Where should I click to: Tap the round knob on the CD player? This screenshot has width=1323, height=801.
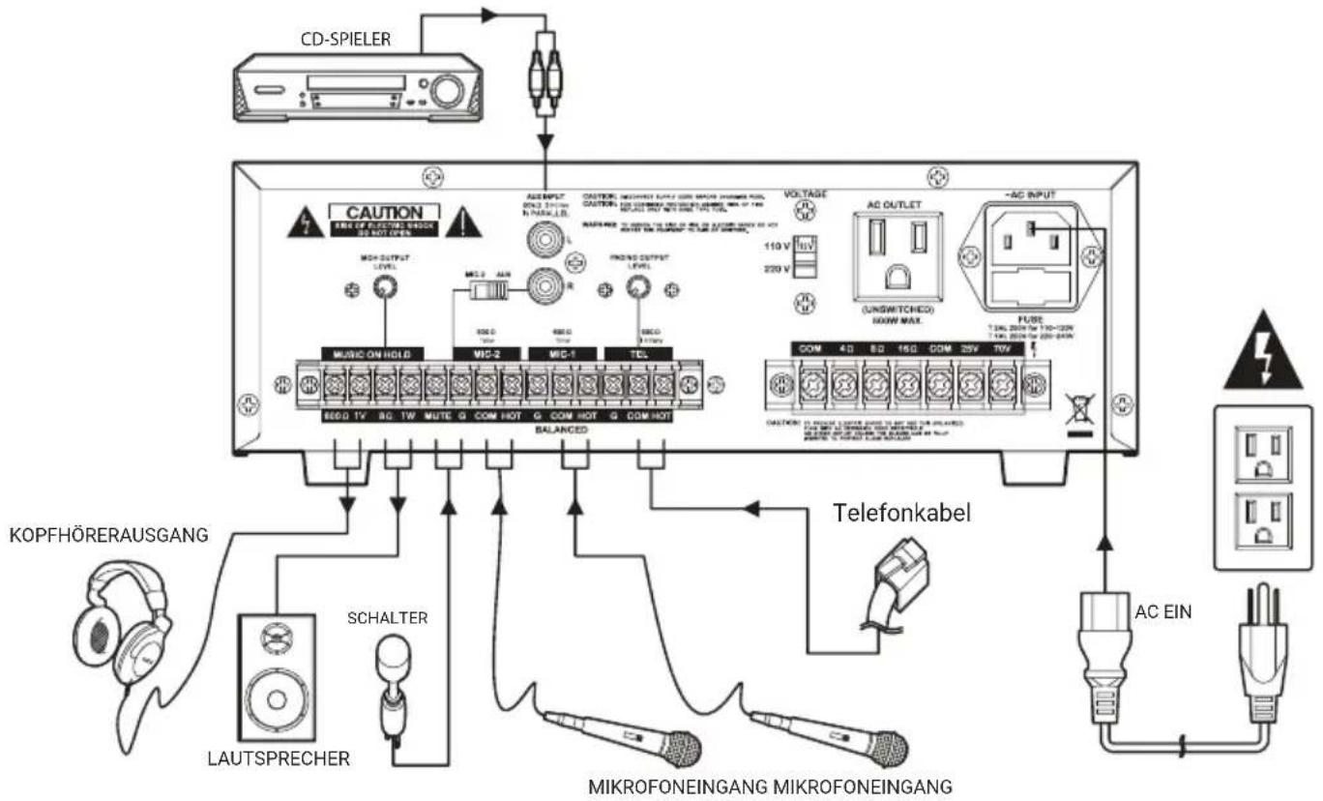(447, 91)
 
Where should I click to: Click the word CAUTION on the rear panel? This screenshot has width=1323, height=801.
(386, 211)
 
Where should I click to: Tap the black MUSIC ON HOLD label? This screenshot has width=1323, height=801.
(371, 355)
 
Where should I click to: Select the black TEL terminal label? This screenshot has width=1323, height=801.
(638, 355)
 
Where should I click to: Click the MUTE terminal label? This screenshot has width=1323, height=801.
(437, 418)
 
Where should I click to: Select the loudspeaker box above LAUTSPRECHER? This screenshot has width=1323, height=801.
(277, 676)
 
